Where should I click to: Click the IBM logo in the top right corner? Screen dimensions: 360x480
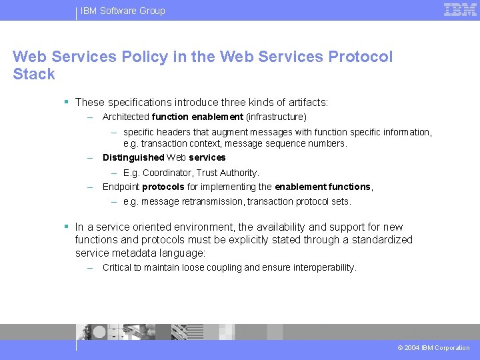(460, 9)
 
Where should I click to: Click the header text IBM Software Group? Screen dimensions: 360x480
(123, 11)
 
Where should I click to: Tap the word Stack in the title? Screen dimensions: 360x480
(33, 75)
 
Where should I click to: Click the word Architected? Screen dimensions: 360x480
(125, 117)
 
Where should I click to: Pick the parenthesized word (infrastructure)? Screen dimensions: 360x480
(276, 117)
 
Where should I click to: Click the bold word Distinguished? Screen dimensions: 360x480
(133, 158)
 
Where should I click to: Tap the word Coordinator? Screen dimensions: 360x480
(166, 173)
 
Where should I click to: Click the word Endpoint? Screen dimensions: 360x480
(121, 187)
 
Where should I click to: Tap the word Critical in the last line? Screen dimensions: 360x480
(117, 268)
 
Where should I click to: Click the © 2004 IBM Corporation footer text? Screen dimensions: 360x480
(433, 348)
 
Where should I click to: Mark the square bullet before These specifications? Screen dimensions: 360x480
(67, 102)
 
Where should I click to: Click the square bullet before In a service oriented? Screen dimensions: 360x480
(67, 227)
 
